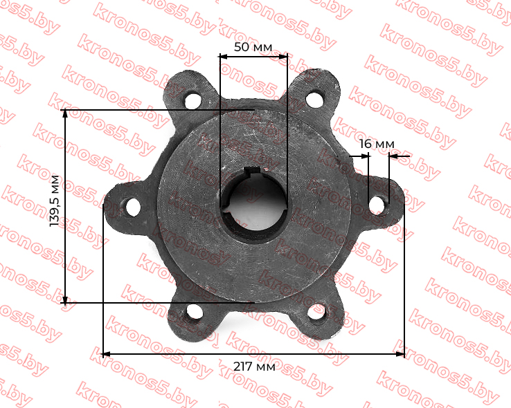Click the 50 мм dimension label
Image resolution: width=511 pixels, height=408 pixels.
253,47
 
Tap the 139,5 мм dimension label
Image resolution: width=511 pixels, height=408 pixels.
55,201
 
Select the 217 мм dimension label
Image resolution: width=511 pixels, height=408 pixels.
254,367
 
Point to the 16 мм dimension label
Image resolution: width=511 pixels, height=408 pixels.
377,144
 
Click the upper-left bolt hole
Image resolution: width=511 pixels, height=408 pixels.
193,100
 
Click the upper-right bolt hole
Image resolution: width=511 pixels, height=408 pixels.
315,100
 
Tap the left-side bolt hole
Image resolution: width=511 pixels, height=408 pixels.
133,207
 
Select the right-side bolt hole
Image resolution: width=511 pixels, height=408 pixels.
377,205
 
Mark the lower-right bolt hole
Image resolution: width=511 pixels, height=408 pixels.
316,311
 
